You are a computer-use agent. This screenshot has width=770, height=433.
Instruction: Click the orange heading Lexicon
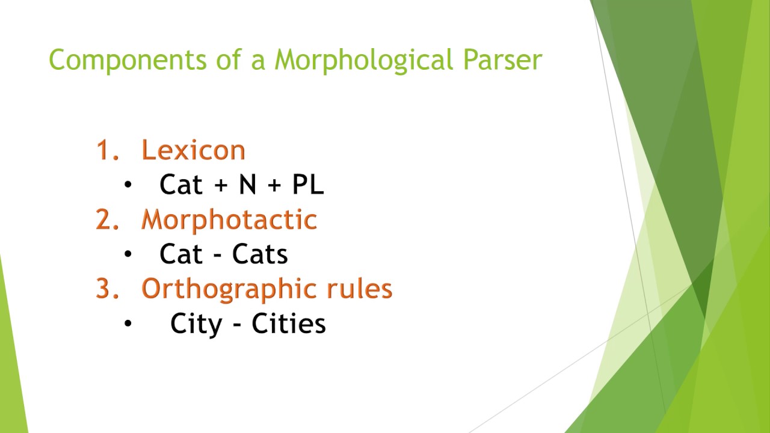[x=193, y=150]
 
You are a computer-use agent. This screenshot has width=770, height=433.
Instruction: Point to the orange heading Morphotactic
[x=229, y=220]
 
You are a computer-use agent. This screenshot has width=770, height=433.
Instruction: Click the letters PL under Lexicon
[x=308, y=185]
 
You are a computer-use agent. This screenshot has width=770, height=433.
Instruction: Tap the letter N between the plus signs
[x=247, y=185]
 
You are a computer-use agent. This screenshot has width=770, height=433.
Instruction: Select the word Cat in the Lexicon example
[x=180, y=185]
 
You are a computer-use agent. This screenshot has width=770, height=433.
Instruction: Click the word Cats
[x=260, y=255]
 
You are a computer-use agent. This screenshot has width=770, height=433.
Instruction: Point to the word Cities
[x=289, y=324]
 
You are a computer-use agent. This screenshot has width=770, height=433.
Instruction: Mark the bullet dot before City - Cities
[x=128, y=324]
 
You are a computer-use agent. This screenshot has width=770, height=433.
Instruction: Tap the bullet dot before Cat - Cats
[x=128, y=254]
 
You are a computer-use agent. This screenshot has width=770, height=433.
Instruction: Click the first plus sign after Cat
[x=217, y=186]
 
